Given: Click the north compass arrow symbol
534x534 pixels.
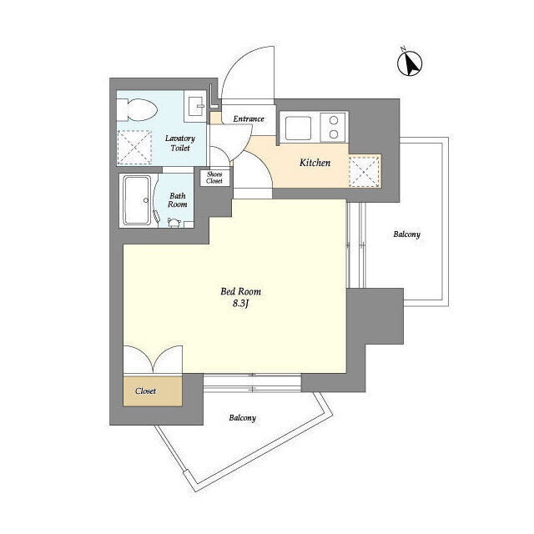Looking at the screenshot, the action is tap(410, 63).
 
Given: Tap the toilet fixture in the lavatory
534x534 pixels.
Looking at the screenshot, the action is tap(137, 110).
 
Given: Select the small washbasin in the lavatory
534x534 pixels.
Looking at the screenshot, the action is tap(195, 106).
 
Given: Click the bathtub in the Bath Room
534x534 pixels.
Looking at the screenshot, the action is tap(137, 200).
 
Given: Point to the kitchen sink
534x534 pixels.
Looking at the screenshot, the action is tap(298, 128).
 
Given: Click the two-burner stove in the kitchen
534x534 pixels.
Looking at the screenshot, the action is tap(333, 127).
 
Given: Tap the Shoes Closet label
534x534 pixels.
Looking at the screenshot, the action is tap(214, 178).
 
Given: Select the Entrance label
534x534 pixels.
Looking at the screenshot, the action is tap(249, 118).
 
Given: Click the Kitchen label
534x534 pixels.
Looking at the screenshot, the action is tap(315, 163).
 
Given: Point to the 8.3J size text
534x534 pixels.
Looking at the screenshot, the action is tap(241, 304).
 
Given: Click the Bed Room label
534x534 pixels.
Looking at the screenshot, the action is tap(241, 291).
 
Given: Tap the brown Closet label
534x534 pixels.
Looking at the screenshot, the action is tap(145, 391).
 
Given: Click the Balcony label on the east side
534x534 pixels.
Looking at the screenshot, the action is tap(406, 234).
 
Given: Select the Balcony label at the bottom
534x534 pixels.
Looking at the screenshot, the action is tap(242, 417).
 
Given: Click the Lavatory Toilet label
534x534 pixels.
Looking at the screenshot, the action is tap(180, 143).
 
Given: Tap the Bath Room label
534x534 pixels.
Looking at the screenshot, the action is tap(178, 200).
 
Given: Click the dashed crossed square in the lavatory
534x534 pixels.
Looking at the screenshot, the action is tap(134, 148).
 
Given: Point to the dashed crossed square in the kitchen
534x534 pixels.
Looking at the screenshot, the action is tap(365, 170).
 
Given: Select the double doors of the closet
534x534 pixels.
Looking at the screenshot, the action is tap(153, 360).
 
